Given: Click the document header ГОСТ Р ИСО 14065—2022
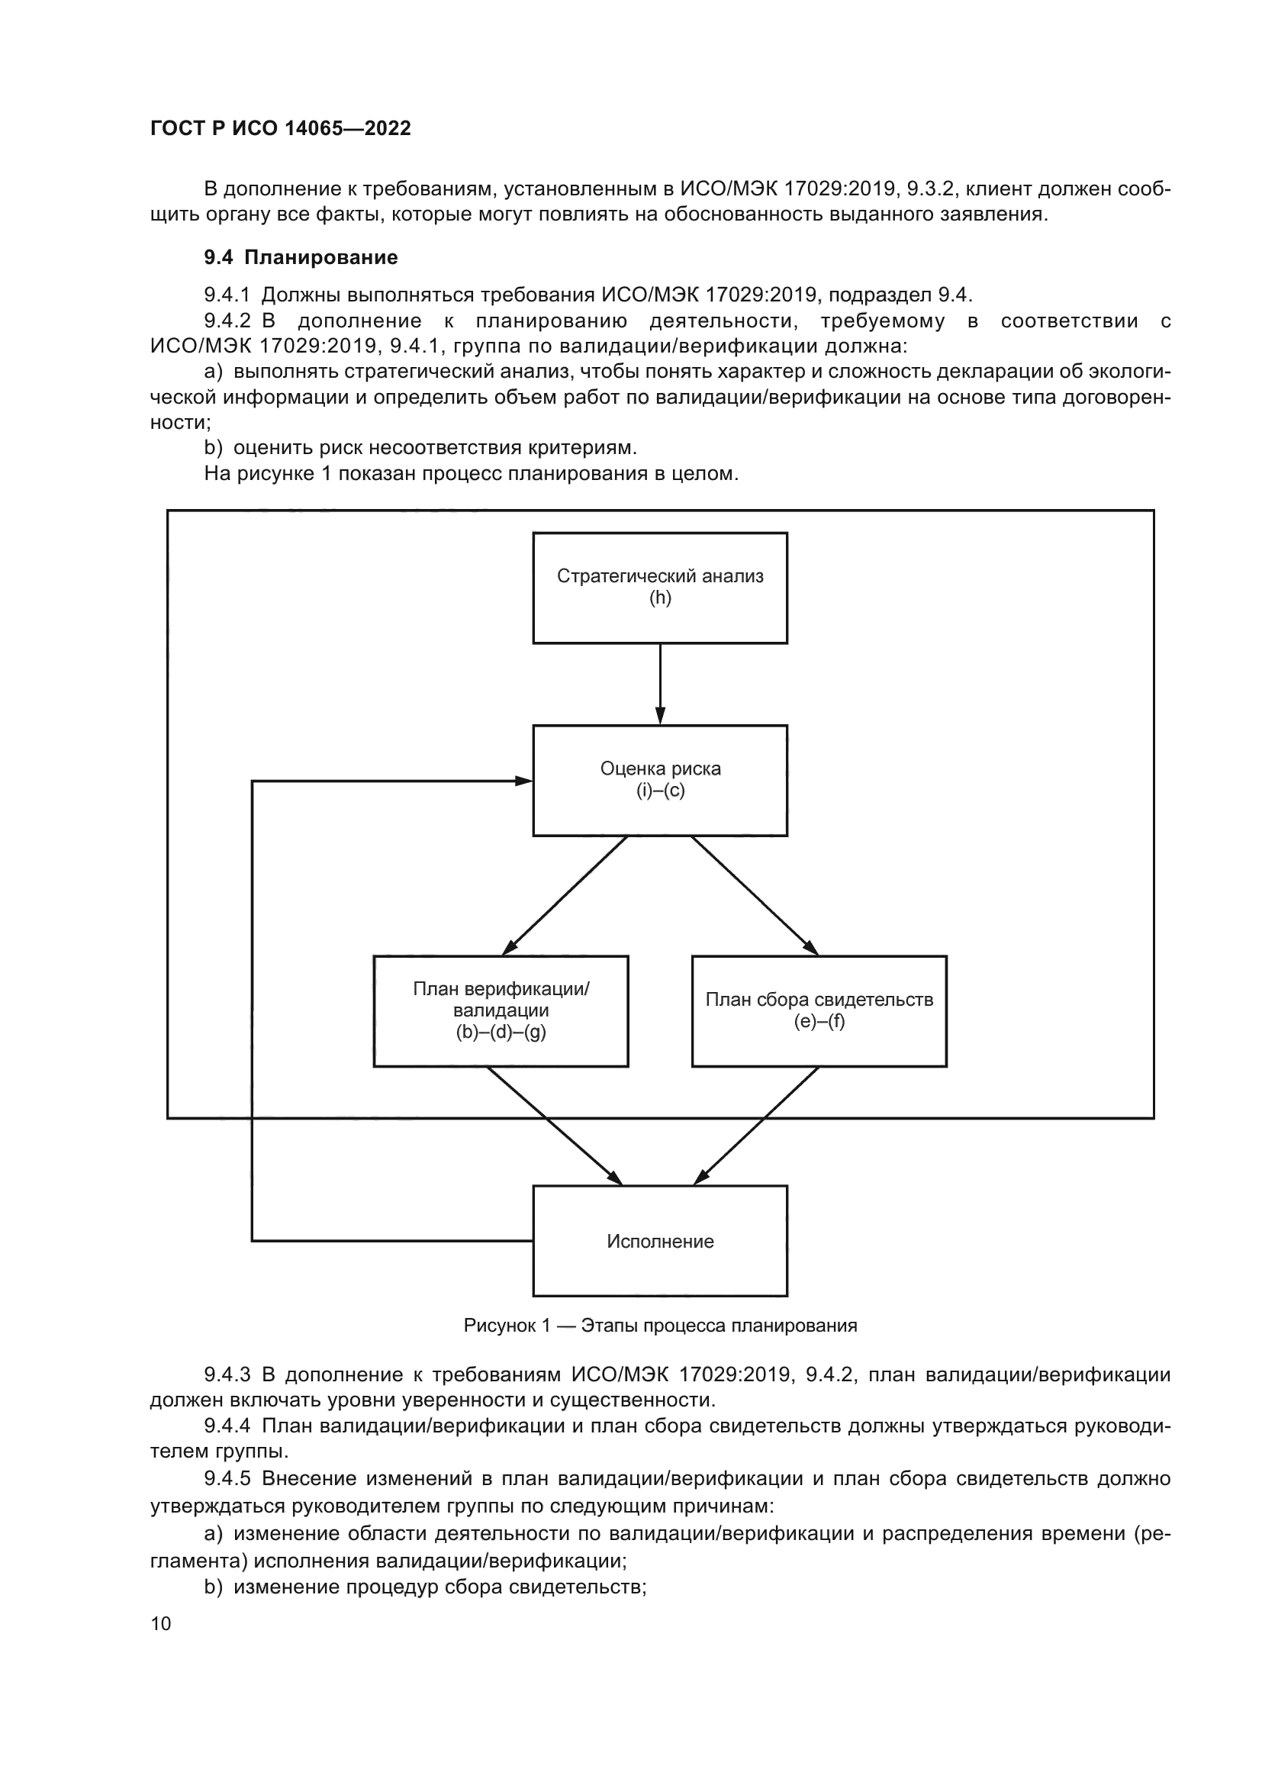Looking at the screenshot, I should coord(280,128).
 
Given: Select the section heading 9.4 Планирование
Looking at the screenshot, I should coord(301,257).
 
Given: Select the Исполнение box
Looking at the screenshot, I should coord(660,1241).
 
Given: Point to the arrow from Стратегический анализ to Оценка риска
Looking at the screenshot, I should coord(660,684).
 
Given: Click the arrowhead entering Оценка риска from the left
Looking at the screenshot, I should coord(523,781).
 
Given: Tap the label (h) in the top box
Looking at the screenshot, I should coord(660,598).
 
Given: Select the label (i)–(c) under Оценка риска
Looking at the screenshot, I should coord(660,791).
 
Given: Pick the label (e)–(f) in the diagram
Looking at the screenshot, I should coord(819,1021).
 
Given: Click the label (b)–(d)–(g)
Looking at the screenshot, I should coord(501,1033).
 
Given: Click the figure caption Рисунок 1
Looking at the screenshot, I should coord(660,1326).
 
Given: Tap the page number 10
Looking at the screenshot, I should coord(160,1623).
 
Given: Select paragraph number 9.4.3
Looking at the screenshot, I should coord(227,1374).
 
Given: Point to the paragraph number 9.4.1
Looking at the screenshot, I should coord(227,295).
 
